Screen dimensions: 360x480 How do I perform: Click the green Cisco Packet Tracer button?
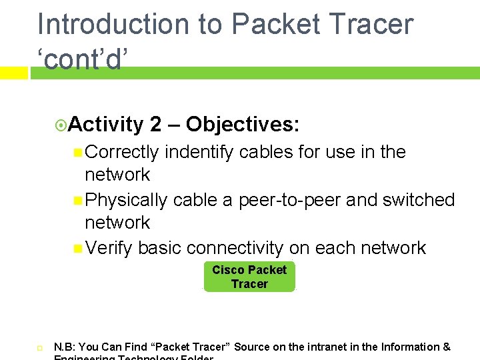tap(249, 277)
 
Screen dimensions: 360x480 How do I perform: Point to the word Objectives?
tap(243, 124)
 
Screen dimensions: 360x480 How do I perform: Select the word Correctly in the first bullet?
tap(122, 152)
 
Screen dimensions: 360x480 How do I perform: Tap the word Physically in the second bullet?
tap(126, 200)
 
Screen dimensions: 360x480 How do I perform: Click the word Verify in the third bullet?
tap(109, 248)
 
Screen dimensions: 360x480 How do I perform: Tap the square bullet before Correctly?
tap(79, 153)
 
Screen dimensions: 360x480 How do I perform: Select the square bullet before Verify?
tap(79, 249)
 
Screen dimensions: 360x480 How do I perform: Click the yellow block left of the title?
tap(13, 73)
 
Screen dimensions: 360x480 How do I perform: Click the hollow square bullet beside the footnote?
tap(39, 348)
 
